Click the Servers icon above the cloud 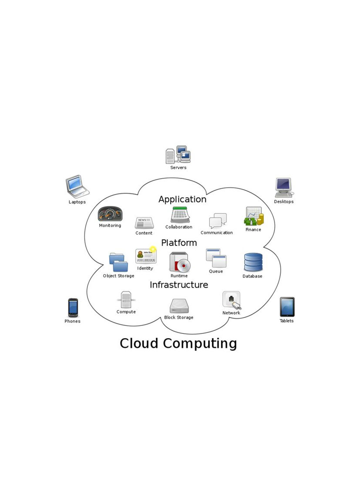[178, 154]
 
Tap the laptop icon [77, 186]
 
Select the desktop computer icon [283, 187]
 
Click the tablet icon [287, 307]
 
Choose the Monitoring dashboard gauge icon [110, 214]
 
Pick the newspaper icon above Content [144, 223]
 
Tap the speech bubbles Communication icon [218, 221]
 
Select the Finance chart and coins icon [254, 217]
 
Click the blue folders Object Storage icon [118, 263]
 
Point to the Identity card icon [145, 256]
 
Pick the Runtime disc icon [179, 262]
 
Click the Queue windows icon [216, 258]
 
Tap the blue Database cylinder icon [253, 262]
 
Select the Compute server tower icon [126, 300]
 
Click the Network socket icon [232, 300]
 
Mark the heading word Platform [179, 243]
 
